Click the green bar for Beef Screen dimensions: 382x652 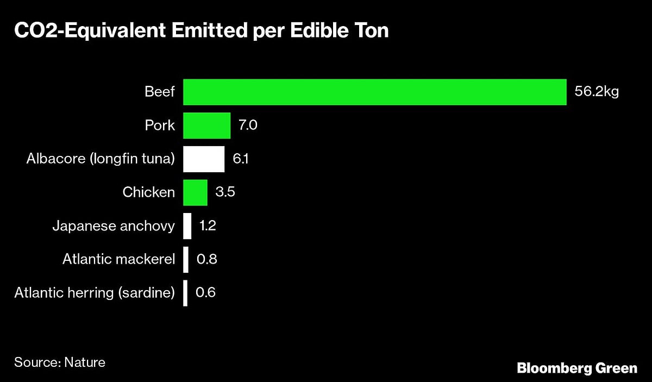[x=374, y=92]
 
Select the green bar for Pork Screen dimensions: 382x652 [x=206, y=126]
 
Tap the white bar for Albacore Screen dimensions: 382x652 [x=204, y=159]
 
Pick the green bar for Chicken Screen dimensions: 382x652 [x=195, y=192]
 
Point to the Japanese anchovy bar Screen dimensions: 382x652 [x=187, y=226]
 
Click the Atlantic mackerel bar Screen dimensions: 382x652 [x=186, y=259]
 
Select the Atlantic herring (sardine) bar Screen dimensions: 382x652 [x=185, y=293]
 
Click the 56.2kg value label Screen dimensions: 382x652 [x=597, y=92]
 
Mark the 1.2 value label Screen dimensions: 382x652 [x=208, y=226]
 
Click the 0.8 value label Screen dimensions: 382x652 [x=206, y=259]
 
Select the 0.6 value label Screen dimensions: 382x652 [x=205, y=293]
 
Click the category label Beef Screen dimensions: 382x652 [x=160, y=92]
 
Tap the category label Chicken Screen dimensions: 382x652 [x=149, y=192]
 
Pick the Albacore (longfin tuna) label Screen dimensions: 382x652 [x=101, y=159]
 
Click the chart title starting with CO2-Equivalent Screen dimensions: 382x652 [x=202, y=31]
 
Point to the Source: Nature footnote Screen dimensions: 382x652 [x=60, y=362]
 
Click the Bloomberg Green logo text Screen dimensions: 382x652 [x=576, y=368]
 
